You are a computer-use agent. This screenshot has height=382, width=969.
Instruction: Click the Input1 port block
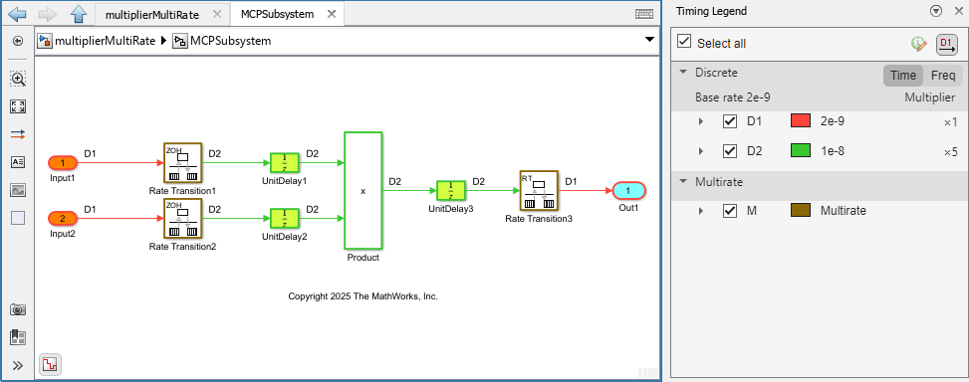click(63, 162)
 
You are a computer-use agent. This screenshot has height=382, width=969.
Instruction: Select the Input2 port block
click(63, 218)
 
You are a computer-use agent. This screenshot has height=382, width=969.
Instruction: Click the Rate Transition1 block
click(182, 162)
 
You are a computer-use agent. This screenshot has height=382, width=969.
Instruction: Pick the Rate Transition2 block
click(182, 218)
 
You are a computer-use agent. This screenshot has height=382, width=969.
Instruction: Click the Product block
click(363, 190)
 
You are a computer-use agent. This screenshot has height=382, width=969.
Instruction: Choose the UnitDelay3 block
click(451, 190)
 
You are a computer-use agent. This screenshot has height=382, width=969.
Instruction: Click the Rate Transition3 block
click(538, 190)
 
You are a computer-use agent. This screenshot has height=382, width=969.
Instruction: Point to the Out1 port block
click(628, 190)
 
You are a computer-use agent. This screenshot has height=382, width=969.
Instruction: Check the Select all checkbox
click(684, 42)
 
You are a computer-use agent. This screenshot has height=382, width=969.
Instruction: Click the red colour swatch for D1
click(801, 121)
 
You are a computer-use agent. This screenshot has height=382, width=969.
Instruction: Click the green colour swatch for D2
click(801, 151)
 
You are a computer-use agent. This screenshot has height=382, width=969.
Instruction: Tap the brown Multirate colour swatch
click(801, 211)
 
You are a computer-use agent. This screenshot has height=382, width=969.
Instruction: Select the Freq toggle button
click(943, 76)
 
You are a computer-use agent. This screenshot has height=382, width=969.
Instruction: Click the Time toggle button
click(903, 76)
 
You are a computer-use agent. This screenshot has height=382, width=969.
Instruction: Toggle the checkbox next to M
click(730, 211)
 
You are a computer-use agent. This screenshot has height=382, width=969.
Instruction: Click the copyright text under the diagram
click(363, 296)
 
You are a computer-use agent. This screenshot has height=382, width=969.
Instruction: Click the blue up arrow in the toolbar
click(79, 14)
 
